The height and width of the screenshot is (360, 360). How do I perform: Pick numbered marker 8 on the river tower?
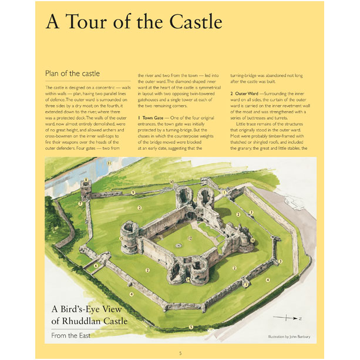coord(86,180)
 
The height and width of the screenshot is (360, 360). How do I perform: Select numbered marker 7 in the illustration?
coord(80,203)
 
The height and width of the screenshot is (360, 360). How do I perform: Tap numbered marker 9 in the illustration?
coord(133,193)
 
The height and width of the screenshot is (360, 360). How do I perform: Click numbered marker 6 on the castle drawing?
coord(96,265)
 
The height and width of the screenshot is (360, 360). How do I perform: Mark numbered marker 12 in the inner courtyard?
coord(190,238)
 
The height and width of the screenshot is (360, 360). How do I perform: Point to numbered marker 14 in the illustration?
coord(188,280)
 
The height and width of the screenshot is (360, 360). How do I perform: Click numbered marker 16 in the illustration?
coord(252,240)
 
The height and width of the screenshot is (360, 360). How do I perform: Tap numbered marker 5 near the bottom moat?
coord(190,326)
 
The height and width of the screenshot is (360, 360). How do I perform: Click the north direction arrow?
coord(290,318)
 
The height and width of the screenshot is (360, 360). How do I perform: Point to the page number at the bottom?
coord(180,352)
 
